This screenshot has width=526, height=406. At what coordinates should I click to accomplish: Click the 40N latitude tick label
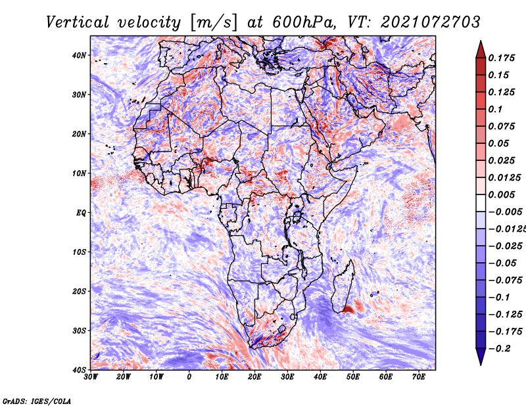[79, 55]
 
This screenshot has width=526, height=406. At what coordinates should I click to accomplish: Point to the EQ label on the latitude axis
[81, 213]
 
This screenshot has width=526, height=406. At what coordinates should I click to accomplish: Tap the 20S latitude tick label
[79, 291]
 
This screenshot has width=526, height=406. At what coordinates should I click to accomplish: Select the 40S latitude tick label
[79, 370]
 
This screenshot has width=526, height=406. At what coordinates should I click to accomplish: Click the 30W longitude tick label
[91, 377]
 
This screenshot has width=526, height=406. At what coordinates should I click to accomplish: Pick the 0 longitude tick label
[189, 377]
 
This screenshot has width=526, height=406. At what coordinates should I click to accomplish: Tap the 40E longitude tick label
[320, 377]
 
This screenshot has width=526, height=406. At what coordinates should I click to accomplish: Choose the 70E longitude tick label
[419, 377]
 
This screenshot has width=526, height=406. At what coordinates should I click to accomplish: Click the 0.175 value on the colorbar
[502, 58]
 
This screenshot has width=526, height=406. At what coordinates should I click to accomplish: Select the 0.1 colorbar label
[495, 109]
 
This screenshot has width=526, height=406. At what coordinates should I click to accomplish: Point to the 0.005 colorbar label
[502, 194]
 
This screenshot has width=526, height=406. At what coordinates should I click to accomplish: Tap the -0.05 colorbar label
[505, 263]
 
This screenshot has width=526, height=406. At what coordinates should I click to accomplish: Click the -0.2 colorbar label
[499, 349]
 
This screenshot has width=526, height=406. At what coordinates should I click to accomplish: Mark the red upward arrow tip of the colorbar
[481, 41]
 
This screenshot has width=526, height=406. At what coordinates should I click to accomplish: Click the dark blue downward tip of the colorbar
[481, 365]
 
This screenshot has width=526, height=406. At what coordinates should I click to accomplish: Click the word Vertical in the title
[78, 22]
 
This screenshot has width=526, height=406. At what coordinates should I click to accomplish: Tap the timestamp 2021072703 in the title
[431, 22]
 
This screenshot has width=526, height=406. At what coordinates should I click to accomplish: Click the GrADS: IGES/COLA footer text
[37, 401]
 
